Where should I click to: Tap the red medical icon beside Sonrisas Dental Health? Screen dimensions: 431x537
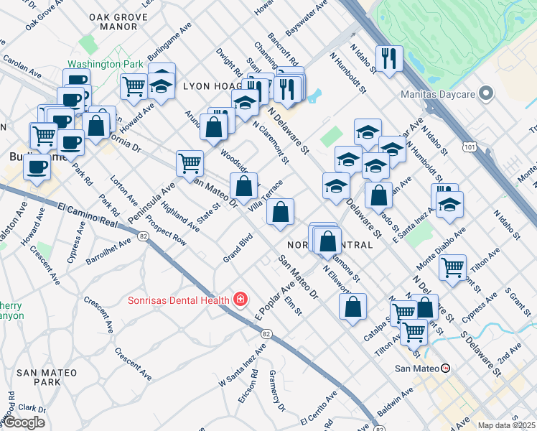(x=241, y=300)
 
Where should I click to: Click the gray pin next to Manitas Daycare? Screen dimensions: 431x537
(x=487, y=94)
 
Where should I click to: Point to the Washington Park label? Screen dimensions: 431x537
(x=106, y=64)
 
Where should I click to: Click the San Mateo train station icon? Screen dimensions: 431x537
(x=446, y=368)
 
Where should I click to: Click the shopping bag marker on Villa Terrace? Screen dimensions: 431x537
(x=280, y=211)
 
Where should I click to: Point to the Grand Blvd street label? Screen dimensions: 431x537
(x=238, y=248)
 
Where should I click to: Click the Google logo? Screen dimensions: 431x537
(x=24, y=422)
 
